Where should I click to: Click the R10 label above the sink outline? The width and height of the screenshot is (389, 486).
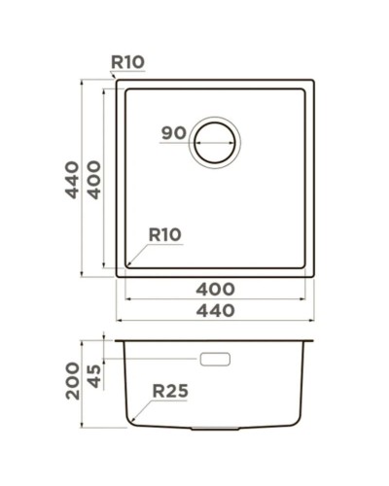tap(127, 62)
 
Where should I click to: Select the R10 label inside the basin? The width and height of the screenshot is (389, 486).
tap(164, 234)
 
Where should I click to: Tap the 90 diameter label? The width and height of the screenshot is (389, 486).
tap(174, 133)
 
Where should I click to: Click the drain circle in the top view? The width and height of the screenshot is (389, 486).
tap(214, 144)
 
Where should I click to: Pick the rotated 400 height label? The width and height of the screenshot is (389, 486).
tap(93, 179)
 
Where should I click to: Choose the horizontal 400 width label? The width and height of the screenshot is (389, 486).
tap(215, 289)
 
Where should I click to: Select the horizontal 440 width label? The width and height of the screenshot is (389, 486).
tap(215, 311)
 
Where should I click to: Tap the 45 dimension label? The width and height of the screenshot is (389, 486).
tap(94, 374)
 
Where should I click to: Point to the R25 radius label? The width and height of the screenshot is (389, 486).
tap(169, 392)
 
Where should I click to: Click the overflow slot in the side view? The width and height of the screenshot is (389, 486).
tap(214, 359)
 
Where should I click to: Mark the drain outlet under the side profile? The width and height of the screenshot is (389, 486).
tap(209, 428)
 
